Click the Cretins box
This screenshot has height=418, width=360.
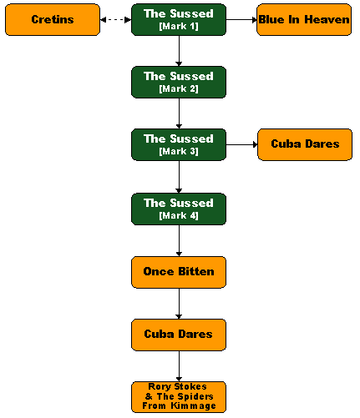[x=53, y=19]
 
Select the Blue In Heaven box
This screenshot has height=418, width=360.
[x=304, y=19]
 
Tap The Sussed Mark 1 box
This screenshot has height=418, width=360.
[x=179, y=19]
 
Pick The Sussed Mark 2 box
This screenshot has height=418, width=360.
[x=179, y=82]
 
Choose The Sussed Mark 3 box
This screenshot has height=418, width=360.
[x=179, y=144]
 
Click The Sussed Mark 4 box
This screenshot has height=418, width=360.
[x=179, y=209]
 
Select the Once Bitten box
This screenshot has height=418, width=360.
[x=179, y=272]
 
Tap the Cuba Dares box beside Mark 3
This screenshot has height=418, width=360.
[x=305, y=144]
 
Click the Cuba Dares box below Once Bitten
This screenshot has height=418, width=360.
[x=179, y=335]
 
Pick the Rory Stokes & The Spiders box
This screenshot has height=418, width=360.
[x=179, y=397]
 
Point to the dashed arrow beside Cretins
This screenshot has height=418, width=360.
[x=115, y=20]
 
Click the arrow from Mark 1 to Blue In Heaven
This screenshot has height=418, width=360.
[x=241, y=20]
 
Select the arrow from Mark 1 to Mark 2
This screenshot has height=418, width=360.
[x=179, y=51]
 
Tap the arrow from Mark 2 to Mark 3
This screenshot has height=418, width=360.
[x=179, y=113]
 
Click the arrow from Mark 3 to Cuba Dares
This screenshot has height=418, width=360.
[x=241, y=144]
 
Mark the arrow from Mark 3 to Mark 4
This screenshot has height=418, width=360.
[x=179, y=177]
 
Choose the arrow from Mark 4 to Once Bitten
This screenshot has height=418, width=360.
[x=179, y=240]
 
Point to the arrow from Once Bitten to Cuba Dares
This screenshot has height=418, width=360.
[x=179, y=304]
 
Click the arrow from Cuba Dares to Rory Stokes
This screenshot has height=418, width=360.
[x=179, y=366]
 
